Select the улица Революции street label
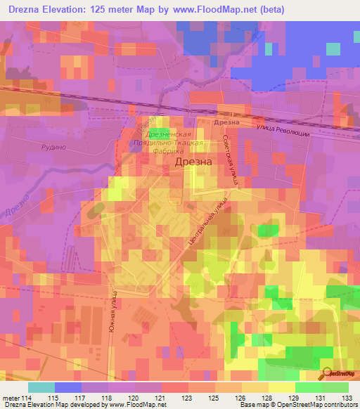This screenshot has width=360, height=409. pyautogui.click(x=282, y=130)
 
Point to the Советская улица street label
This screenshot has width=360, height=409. pyautogui.click(x=231, y=160)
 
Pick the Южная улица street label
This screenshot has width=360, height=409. pyautogui.click(x=113, y=312)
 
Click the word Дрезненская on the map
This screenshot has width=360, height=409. pyautogui.click(x=167, y=134)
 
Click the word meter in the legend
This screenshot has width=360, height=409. pyautogui.click(x=10, y=397)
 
